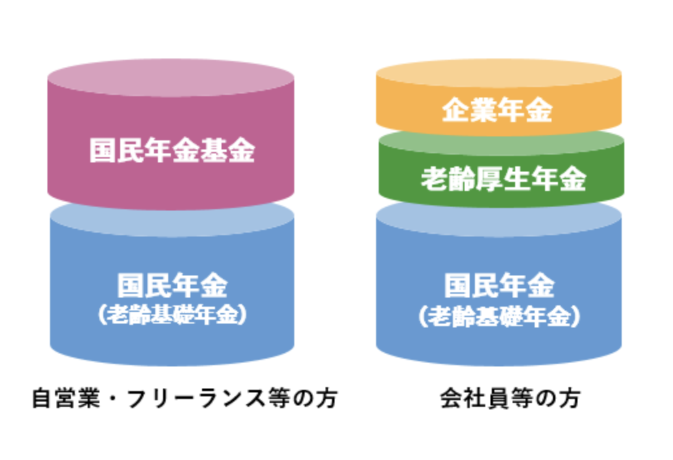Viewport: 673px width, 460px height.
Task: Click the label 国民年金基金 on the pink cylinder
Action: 171,151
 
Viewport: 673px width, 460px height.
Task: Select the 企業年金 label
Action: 498,110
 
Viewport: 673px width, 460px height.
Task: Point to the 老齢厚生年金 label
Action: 503,179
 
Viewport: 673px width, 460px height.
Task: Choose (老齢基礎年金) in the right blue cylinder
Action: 499,316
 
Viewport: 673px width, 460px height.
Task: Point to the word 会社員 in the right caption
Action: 463,398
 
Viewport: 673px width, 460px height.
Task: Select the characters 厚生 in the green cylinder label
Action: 503,179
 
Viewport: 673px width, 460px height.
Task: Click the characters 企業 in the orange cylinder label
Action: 470,110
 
